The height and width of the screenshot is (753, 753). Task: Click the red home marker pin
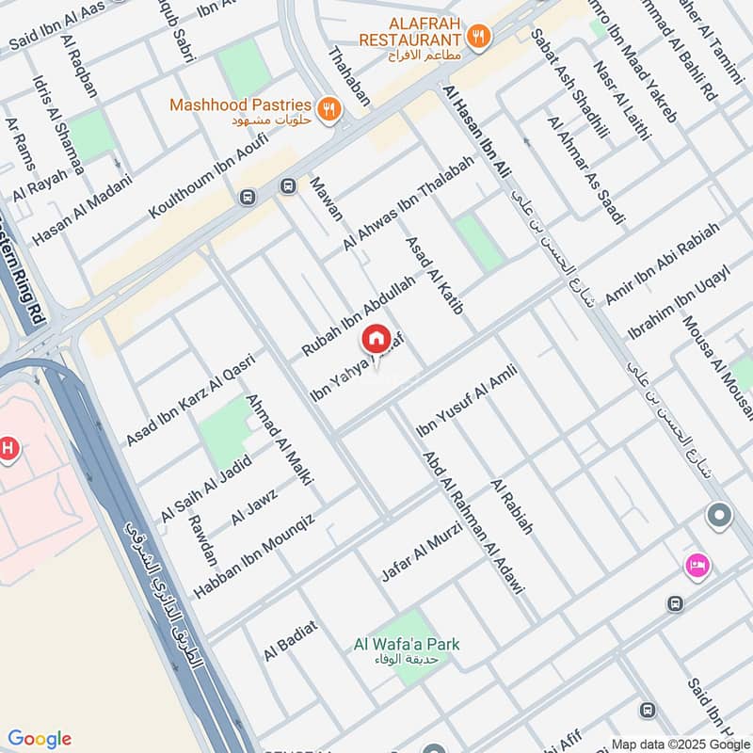(376, 338)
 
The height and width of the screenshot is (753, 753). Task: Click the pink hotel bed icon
(697, 566)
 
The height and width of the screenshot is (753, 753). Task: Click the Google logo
(40, 738)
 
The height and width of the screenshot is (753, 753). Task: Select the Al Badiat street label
(291, 640)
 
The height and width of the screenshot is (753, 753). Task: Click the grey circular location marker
(719, 516)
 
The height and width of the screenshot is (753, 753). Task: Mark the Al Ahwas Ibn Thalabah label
(409, 201)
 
